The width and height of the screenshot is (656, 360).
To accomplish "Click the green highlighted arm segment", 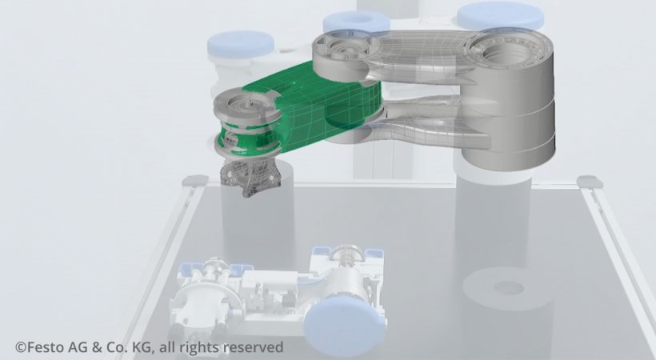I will [320, 112].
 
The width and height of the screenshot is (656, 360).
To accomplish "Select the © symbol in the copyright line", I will [20, 347].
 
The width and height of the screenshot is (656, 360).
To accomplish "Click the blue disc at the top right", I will [500, 14].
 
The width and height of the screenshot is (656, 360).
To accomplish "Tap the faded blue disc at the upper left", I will [240, 44].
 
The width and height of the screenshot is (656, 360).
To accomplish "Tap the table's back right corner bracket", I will [589, 182].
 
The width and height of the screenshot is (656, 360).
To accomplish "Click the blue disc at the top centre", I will [355, 23].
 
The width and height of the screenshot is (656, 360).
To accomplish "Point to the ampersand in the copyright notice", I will [94, 347].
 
